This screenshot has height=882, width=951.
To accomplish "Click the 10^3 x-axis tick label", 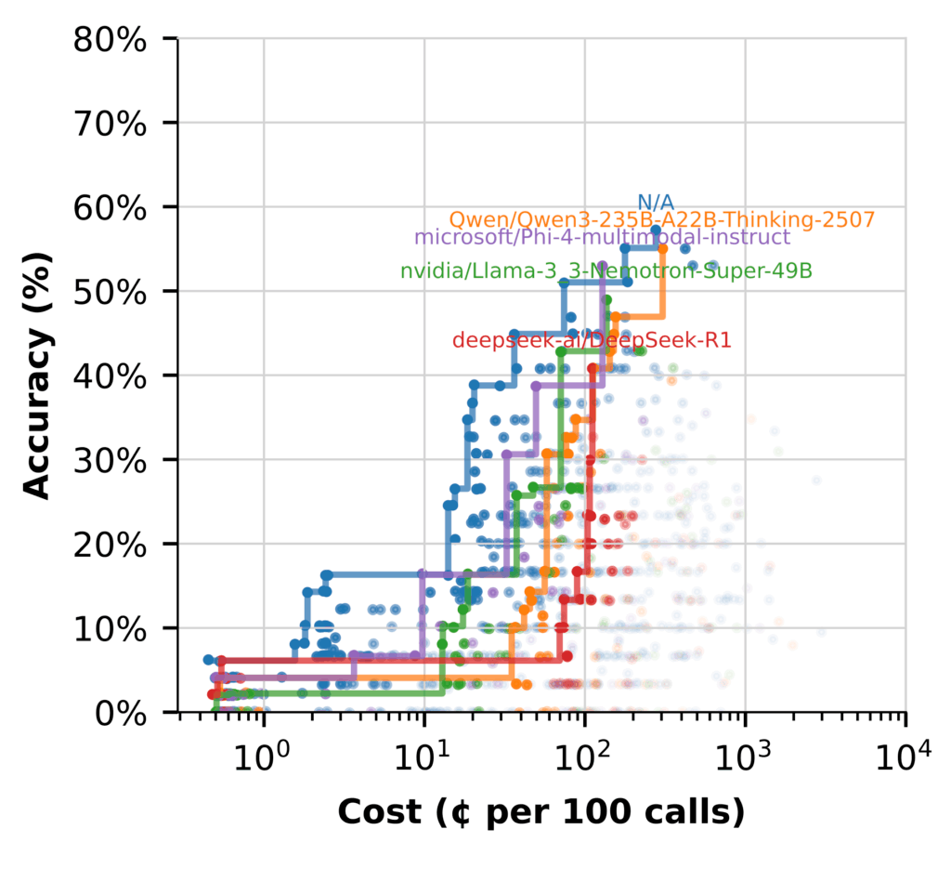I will (x=745, y=751).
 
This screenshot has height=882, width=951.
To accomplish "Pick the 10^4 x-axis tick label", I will (x=905, y=751).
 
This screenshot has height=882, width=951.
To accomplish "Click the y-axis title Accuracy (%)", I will (x=37, y=375).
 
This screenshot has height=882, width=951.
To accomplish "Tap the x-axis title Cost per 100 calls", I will (x=541, y=813).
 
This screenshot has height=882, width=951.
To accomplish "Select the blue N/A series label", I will (x=656, y=203).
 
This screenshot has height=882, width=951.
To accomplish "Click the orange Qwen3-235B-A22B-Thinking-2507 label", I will (x=661, y=220).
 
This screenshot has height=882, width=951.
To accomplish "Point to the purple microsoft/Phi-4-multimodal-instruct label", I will (x=602, y=237).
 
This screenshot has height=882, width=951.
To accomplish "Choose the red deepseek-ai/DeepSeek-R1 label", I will (x=592, y=341).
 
